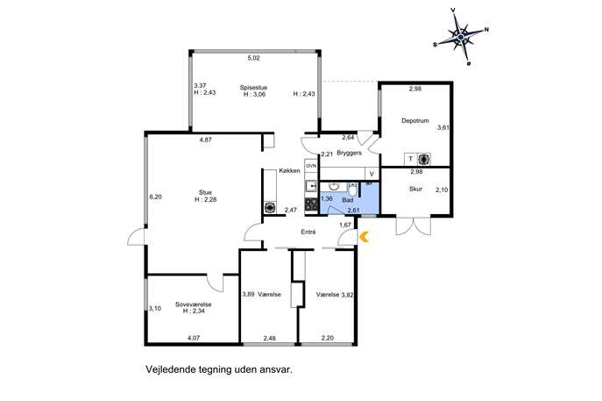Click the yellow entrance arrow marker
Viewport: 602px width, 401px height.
pyautogui.click(x=365, y=235)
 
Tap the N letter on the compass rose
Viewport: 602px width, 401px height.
pyautogui.click(x=486, y=29)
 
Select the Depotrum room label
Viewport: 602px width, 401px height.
pyautogui.click(x=414, y=121)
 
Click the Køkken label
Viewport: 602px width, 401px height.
pyautogui.click(x=290, y=170)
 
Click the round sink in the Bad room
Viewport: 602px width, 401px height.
pyautogui.click(x=335, y=186)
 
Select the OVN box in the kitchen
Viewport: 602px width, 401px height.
pyautogui.click(x=310, y=166)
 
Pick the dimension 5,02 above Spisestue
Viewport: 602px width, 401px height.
pyautogui.click(x=253, y=58)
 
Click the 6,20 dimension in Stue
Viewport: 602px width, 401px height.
pyautogui.click(x=155, y=197)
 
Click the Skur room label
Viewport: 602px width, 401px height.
pyautogui.click(x=416, y=189)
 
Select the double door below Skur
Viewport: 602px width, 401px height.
pyautogui.click(x=413, y=226)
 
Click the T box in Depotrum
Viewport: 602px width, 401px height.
pyautogui.click(x=409, y=159)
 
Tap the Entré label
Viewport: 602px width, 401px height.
pyautogui.click(x=308, y=232)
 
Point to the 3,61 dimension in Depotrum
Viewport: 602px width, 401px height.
pyautogui.click(x=443, y=127)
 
